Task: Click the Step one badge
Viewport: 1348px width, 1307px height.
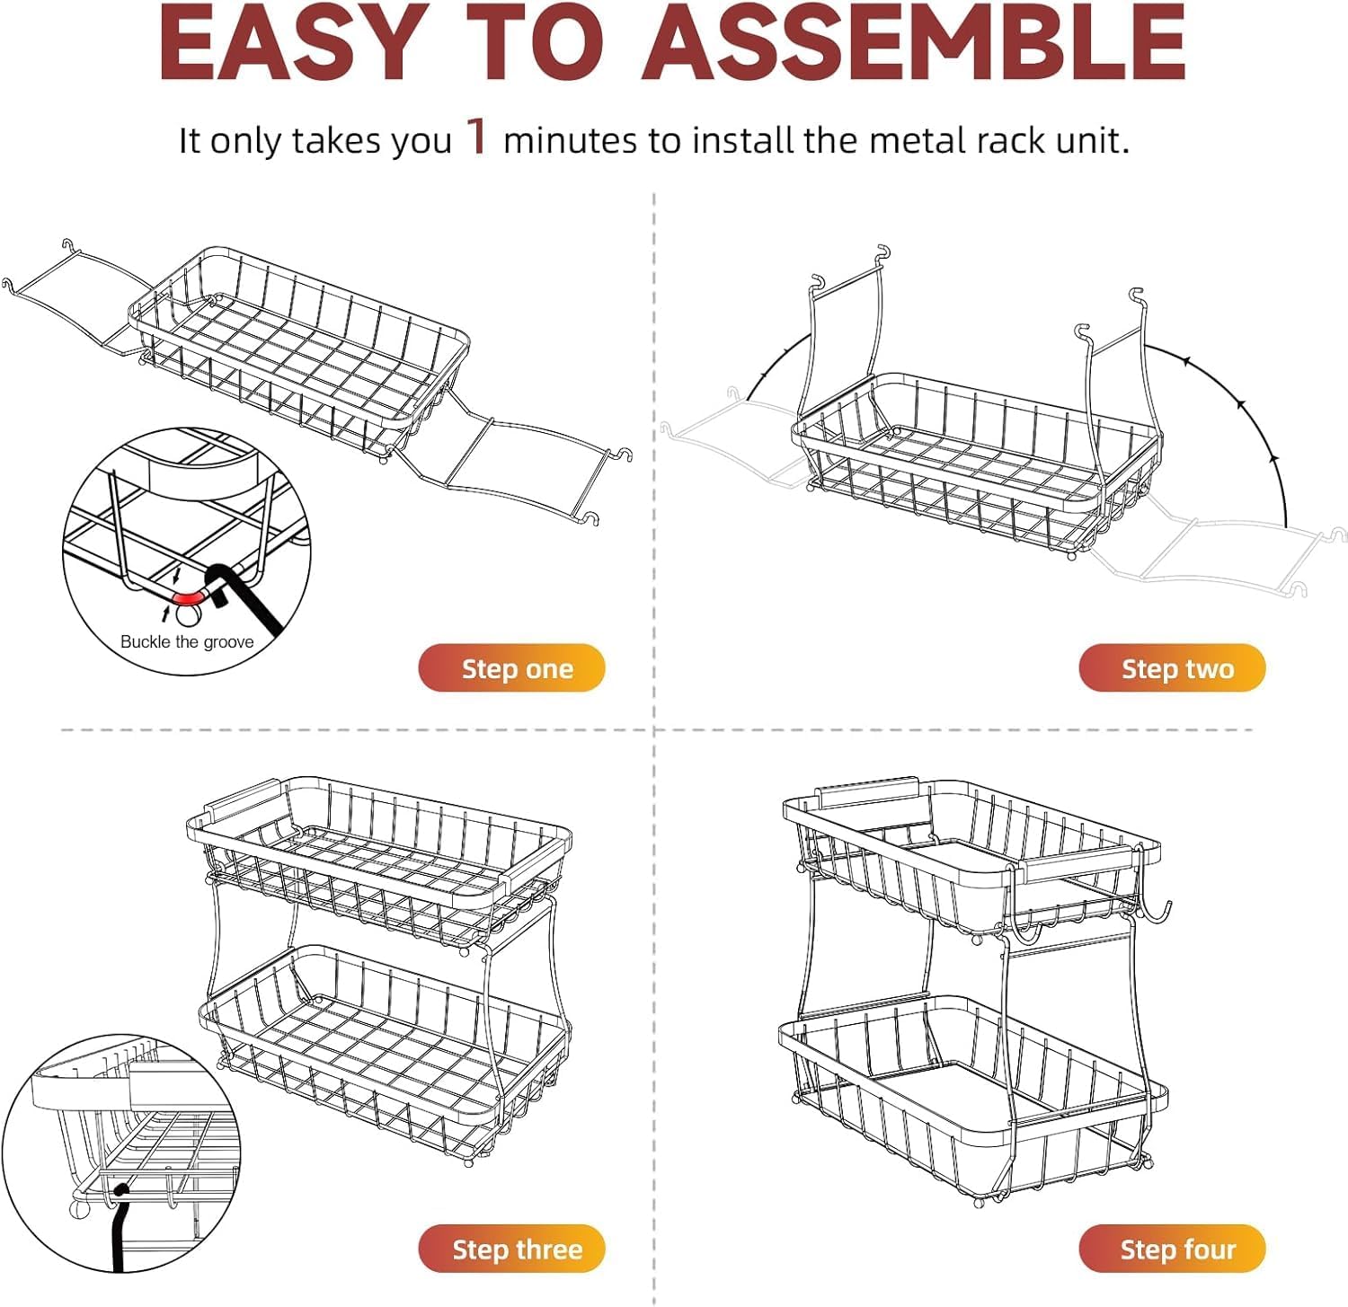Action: pos(512,668)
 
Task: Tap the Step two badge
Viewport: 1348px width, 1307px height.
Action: pos(1173,668)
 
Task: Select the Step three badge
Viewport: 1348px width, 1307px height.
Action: pos(512,1249)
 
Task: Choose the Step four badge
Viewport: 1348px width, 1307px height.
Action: pos(1173,1249)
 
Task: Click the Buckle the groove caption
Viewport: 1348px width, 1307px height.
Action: pos(187,642)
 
